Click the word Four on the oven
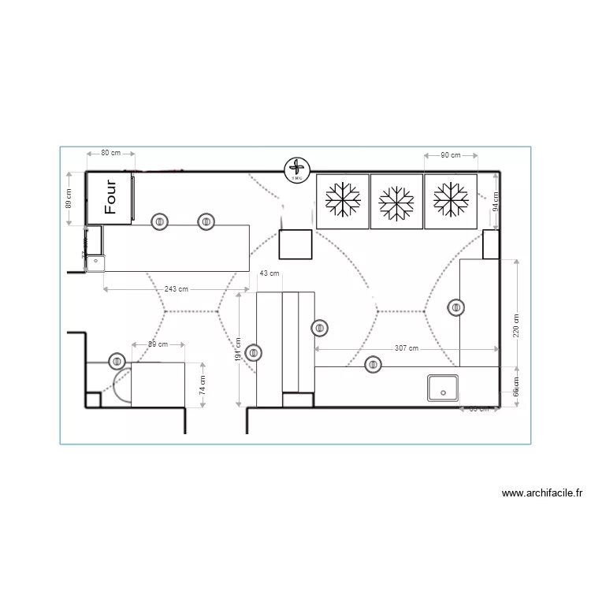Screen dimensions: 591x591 tap(111, 197)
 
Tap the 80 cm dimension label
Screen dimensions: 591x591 tap(110, 154)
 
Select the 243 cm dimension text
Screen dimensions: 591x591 tap(177, 289)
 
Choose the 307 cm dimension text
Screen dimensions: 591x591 tap(407, 348)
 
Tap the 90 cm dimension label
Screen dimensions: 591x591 tap(450, 155)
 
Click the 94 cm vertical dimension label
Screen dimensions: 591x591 tap(496, 203)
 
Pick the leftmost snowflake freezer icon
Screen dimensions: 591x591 tap(343, 201)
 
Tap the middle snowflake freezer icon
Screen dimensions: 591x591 tap(396, 202)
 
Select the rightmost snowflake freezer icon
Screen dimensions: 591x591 tap(451, 202)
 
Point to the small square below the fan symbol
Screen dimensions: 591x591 tap(296, 244)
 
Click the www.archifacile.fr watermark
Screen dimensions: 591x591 tap(542, 494)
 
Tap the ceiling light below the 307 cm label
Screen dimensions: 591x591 tap(373, 364)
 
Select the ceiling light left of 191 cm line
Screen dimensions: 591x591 tap(253, 353)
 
